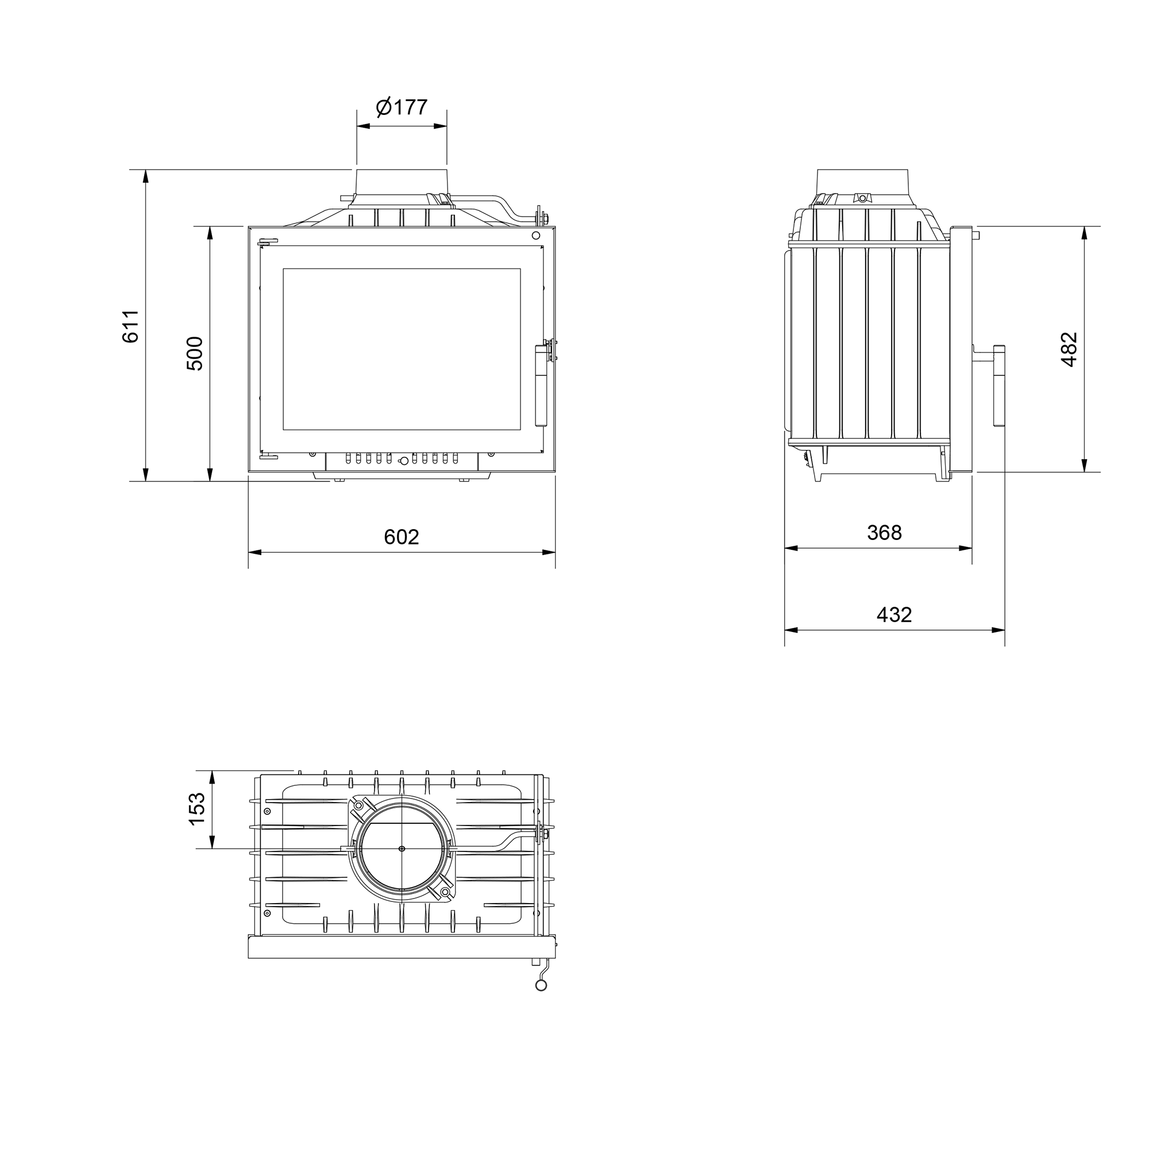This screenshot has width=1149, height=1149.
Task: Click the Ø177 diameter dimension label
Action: [x=402, y=107]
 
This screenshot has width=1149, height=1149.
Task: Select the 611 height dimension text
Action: [x=130, y=326]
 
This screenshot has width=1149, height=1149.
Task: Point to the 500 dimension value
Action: [x=195, y=354]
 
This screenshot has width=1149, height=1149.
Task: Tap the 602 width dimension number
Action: [x=402, y=537]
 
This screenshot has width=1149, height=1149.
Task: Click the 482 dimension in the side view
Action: [x=1069, y=349]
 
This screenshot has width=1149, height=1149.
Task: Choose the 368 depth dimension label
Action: [x=884, y=533]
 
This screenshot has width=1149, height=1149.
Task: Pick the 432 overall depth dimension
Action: [x=894, y=614]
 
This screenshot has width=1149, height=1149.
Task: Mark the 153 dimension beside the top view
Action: [x=196, y=809]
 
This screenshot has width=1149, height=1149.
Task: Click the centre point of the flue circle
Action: [x=402, y=849]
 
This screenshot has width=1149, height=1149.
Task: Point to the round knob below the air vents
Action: [x=403, y=460]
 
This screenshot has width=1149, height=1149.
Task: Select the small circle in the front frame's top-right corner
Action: [x=536, y=235]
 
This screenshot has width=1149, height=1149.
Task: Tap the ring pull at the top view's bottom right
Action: [x=541, y=986]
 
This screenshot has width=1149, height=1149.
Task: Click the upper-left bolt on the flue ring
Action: [x=358, y=805]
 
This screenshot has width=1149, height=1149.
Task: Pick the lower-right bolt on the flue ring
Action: [x=445, y=892]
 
